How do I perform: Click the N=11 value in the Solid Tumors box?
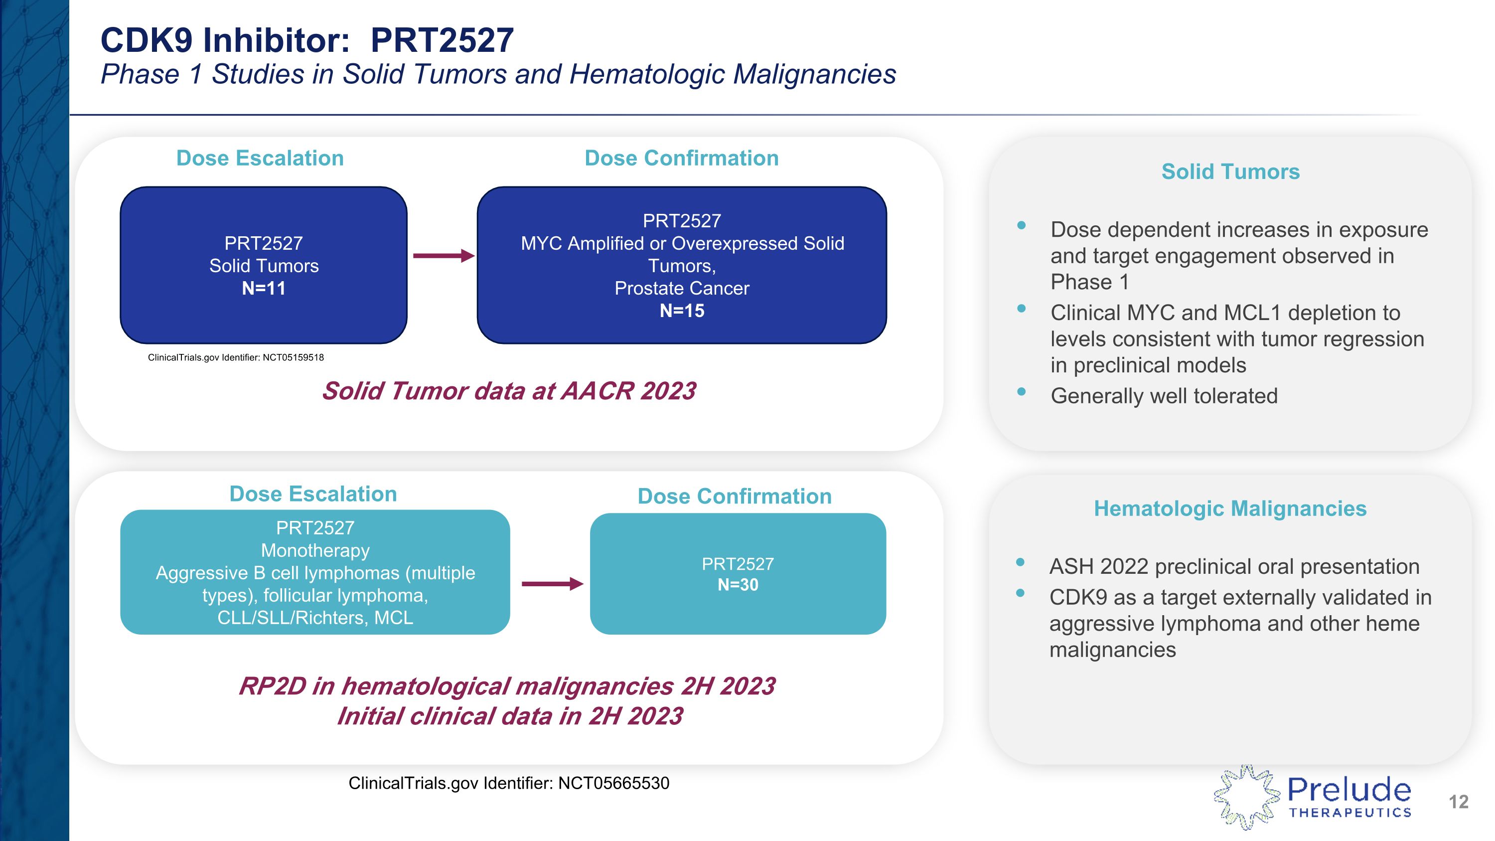coord(264,289)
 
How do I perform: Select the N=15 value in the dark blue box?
coord(682,311)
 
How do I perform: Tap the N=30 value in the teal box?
coord(738,585)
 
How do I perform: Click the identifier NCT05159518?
coord(293,357)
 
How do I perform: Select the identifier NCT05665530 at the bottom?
coord(613,784)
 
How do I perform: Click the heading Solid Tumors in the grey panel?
coord(1230,172)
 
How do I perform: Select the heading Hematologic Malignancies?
coord(1230,508)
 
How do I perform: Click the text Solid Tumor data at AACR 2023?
coord(509,391)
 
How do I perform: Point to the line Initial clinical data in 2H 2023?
coord(510,716)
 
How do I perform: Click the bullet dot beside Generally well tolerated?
coord(1022,392)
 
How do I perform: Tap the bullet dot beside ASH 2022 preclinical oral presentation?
coord(1020,562)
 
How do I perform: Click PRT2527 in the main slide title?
coord(442,40)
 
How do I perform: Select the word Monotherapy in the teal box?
coord(315,550)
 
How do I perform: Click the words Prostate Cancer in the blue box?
coord(682,289)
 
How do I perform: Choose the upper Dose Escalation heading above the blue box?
coord(260,159)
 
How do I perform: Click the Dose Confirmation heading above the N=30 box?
coord(734,496)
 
